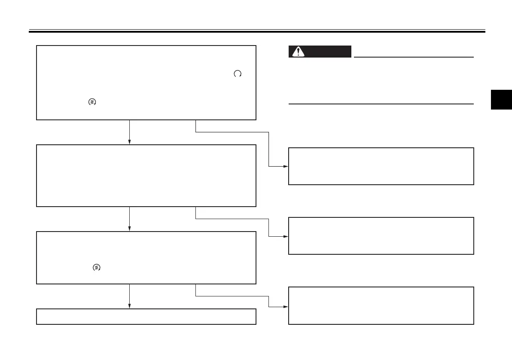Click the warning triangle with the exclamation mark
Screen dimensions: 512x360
(296, 52)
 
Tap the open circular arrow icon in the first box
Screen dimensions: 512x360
(237, 74)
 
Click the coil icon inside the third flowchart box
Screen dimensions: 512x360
(96, 268)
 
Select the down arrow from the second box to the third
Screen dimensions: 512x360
(129, 219)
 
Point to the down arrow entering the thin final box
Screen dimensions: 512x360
(129, 296)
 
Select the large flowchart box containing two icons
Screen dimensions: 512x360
(146, 82)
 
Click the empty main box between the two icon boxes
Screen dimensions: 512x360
(146, 175)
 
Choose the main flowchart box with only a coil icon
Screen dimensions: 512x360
(146, 257)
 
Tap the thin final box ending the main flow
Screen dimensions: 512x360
(146, 316)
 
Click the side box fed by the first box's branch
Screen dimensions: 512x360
(381, 166)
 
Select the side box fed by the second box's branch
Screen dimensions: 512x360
(381, 236)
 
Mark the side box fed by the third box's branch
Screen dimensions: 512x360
(381, 305)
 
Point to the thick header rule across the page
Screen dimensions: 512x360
(256, 31)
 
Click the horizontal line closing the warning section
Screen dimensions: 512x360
(381, 104)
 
